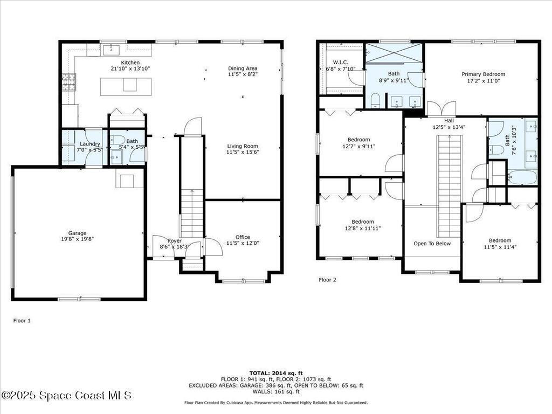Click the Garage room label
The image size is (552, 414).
tap(77, 233)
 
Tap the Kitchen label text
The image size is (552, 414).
tap(130, 63)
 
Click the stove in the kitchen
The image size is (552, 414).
tap(69, 82)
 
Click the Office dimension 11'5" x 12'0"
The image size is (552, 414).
tap(243, 243)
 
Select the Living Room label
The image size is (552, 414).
tap(243, 146)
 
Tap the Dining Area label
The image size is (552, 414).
tap(243, 68)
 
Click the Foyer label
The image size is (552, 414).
tap(175, 240)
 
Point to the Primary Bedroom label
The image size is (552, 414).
tap(483, 74)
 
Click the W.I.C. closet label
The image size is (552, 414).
tap(341, 63)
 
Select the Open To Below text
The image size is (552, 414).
tap(432, 244)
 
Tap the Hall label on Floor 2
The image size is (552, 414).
tap(448, 121)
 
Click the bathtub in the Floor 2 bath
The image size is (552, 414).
tap(522, 178)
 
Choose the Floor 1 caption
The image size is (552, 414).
tap(22, 320)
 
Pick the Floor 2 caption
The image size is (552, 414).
tap(327, 280)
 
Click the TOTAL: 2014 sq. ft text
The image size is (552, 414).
tap(276, 373)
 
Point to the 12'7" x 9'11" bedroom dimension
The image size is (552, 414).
tap(358, 146)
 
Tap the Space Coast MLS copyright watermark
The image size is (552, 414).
tap(66, 396)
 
